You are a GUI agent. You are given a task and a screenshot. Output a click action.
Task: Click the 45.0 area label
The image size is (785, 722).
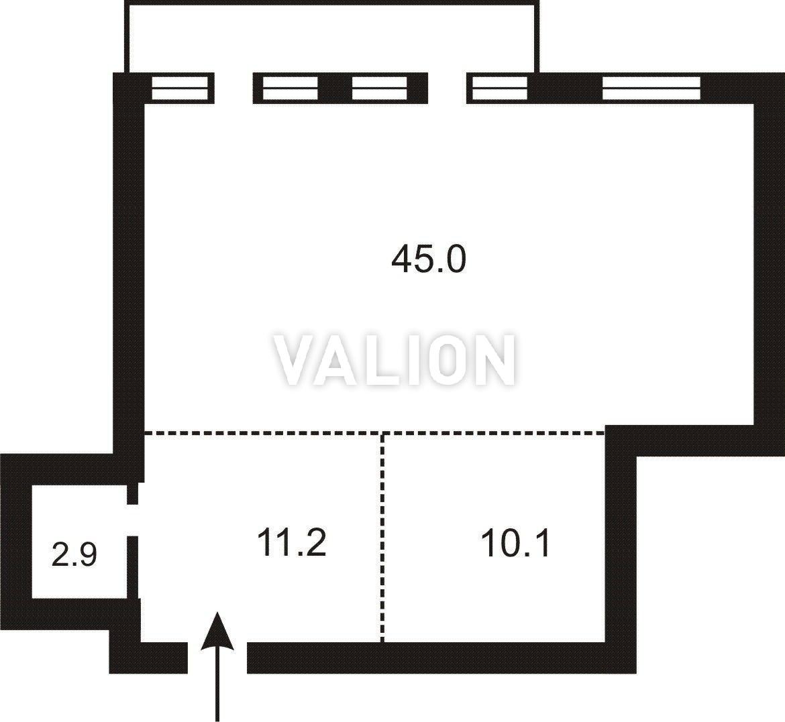pos(429,259)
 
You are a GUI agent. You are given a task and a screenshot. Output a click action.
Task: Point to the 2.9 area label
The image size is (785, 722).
pos(74,554)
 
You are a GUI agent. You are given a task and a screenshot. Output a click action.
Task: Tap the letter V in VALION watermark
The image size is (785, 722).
pos(297,360)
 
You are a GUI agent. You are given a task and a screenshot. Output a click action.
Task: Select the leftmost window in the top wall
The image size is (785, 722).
pos(180,88)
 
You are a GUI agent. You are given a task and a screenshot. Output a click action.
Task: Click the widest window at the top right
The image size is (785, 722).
pos(651,88)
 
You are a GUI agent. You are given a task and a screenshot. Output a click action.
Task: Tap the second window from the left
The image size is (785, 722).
pos(291,88)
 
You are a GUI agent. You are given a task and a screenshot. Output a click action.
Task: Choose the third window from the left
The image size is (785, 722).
pos(380,88)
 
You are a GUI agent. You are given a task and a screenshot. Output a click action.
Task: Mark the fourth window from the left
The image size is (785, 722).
pos(500,88)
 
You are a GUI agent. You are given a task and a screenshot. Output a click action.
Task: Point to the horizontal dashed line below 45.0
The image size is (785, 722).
pos(374,432)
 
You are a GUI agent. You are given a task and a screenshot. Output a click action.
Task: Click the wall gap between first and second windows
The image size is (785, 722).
pos(233,88)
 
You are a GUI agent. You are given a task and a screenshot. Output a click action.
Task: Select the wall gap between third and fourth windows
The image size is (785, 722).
pos(447,88)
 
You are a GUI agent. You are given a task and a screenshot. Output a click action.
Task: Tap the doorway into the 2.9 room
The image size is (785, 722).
pos(133,520)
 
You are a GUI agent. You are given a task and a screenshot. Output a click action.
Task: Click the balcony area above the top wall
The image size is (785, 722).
pos(332,38)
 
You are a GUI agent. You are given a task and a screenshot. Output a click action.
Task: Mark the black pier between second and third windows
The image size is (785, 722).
pos(335,88)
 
